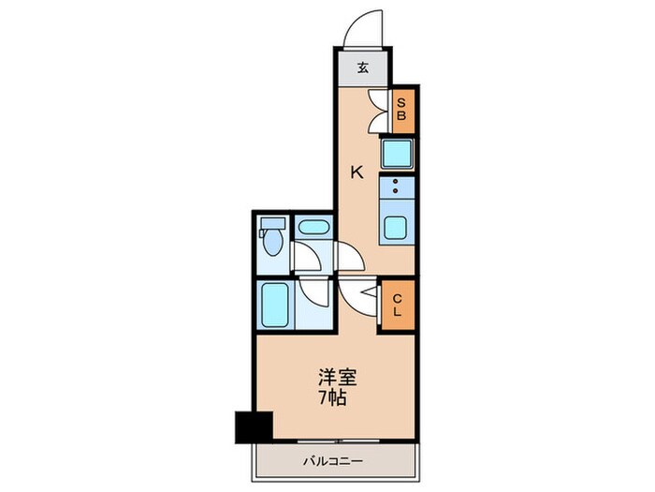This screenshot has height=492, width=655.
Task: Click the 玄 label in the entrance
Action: point(363,67)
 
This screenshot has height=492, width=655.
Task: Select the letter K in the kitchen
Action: point(357,171)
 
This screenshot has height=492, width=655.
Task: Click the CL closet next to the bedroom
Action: point(398,305)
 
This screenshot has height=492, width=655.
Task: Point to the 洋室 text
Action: point(335,380)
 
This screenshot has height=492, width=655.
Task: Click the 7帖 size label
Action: point(335,398)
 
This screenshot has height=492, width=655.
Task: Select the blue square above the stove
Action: point(398,152)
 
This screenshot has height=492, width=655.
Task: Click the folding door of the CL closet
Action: point(379,305)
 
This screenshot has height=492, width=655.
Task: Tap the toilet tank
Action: point(272,225)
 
